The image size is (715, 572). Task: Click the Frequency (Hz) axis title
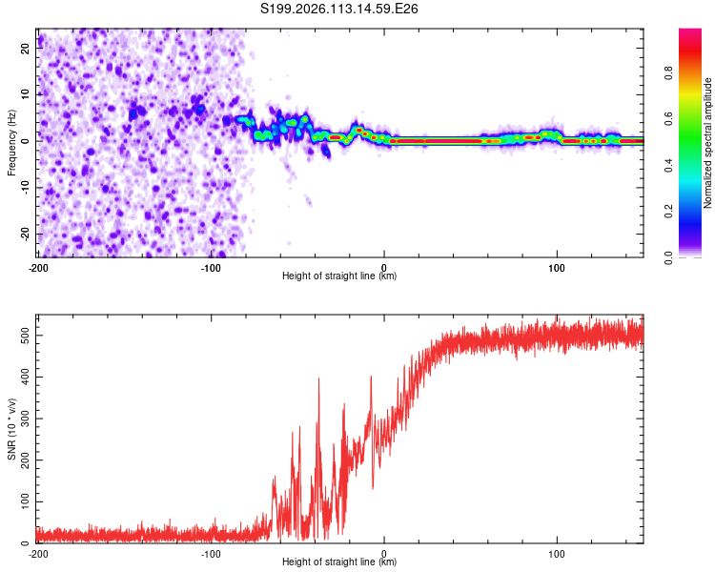pyautogui.click(x=11, y=142)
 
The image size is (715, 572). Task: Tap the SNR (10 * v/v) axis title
pyautogui.click(x=11, y=428)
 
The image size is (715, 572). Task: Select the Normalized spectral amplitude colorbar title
pyautogui.click(x=708, y=142)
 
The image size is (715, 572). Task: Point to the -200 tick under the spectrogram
pyautogui.click(x=37, y=267)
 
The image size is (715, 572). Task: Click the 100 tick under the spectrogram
pyautogui.click(x=557, y=267)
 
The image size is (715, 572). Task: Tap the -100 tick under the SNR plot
pyautogui.click(x=211, y=554)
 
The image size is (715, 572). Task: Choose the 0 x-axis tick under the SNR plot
pyautogui.click(x=384, y=554)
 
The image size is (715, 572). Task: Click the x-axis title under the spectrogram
pyautogui.click(x=339, y=277)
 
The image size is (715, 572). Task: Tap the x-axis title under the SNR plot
pyautogui.click(x=339, y=563)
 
